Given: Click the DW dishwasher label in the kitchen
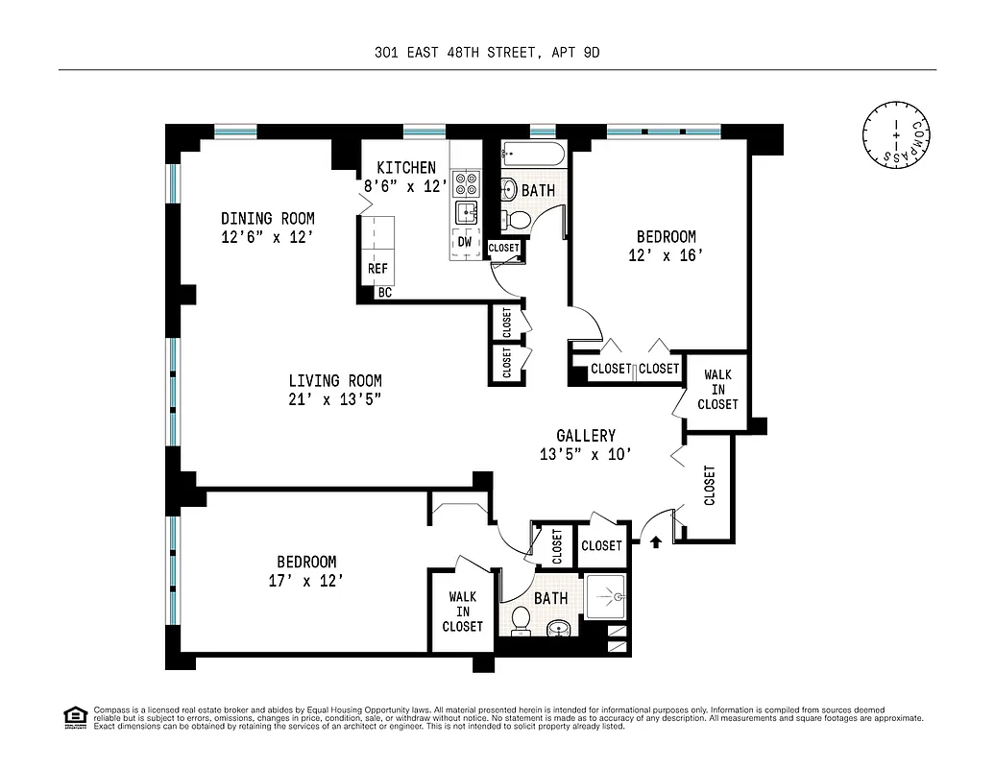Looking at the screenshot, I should [x=464, y=242].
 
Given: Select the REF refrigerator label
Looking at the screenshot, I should [x=377, y=270].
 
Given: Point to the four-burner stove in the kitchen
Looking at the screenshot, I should [x=466, y=182].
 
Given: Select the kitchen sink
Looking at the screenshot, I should [x=466, y=212].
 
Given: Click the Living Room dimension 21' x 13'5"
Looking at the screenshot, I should [x=334, y=399].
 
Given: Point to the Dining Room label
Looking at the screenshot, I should [x=267, y=219].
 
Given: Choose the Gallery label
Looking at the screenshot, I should [x=586, y=436].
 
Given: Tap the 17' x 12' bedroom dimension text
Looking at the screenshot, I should [x=306, y=580].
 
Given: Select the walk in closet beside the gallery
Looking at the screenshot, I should [x=717, y=390].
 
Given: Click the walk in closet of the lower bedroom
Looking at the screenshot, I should [x=462, y=612].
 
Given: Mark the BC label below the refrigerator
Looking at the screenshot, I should [x=384, y=293].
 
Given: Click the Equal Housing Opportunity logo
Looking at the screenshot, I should [x=72, y=716].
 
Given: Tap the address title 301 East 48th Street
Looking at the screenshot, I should [x=487, y=54].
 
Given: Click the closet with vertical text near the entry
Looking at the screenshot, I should [x=710, y=485].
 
